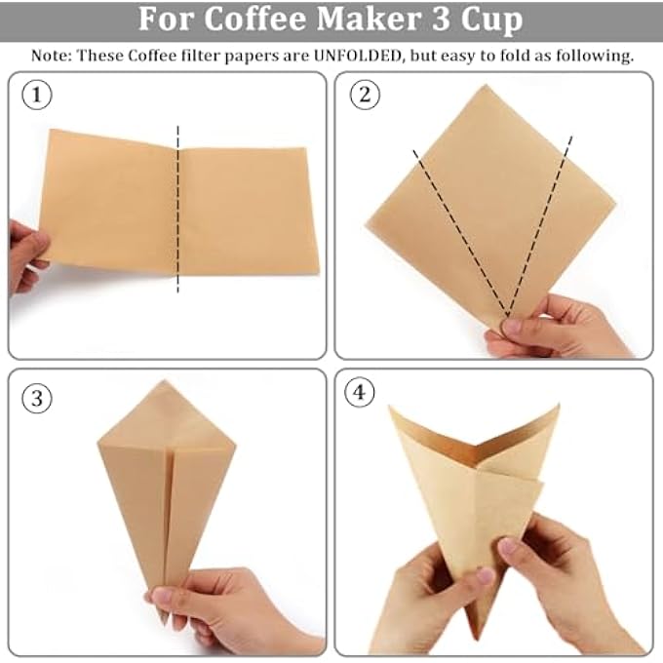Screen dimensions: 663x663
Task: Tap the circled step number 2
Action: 365,96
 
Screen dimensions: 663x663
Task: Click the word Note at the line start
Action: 50,55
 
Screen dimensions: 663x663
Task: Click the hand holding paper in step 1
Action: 25,255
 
